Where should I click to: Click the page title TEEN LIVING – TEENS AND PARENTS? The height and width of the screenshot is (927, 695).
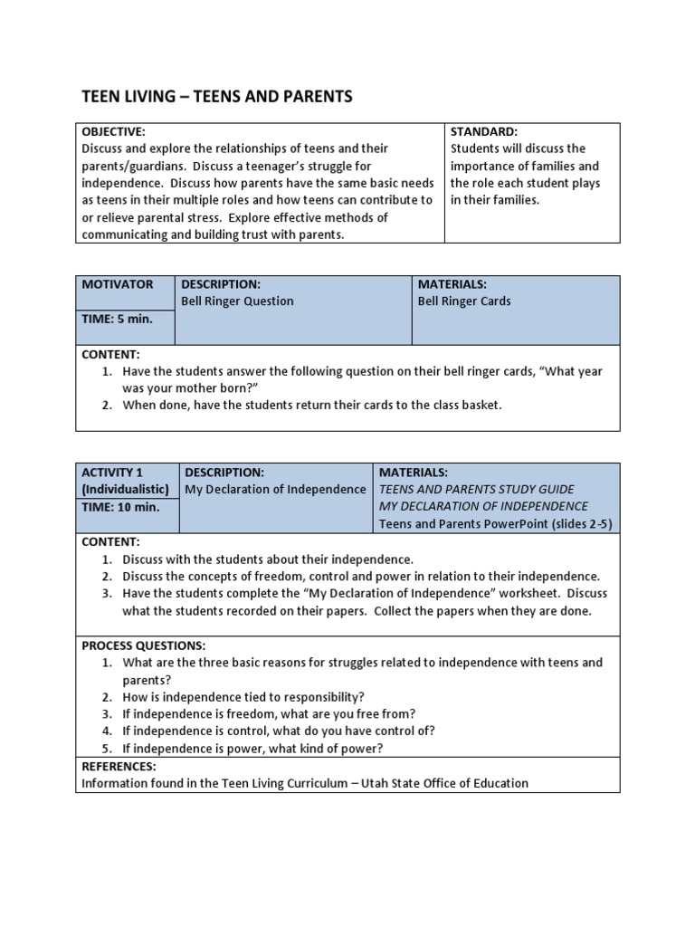[217, 96]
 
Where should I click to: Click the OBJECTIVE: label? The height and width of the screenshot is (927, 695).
[113, 131]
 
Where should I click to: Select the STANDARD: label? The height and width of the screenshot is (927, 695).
[483, 131]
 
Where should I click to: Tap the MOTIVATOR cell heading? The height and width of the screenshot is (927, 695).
[118, 284]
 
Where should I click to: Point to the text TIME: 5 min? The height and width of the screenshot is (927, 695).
[118, 320]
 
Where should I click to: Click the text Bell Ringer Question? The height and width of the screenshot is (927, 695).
[237, 301]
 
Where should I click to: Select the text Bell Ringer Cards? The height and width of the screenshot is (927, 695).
[463, 301]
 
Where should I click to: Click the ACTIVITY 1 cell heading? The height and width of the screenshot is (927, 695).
[112, 473]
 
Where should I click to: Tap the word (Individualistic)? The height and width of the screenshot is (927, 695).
[124, 490]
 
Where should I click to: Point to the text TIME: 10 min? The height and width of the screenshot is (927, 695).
[120, 507]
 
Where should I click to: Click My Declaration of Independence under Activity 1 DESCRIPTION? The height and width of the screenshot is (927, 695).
[275, 490]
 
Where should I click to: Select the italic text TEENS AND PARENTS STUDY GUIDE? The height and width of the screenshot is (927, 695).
[476, 490]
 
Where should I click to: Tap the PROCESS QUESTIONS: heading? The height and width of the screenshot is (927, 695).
[144, 645]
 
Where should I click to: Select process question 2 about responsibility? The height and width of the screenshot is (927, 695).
[243, 697]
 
